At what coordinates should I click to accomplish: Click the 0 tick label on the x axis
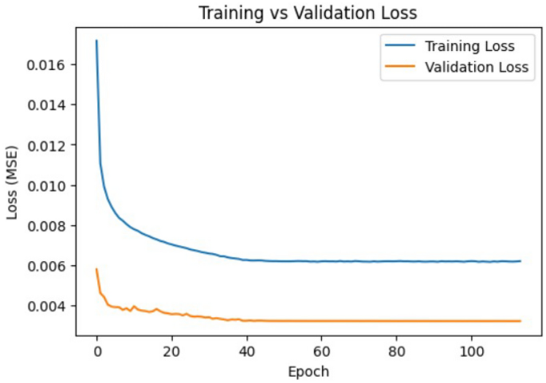click(x=96, y=352)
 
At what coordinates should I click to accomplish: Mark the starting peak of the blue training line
click(x=96, y=41)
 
